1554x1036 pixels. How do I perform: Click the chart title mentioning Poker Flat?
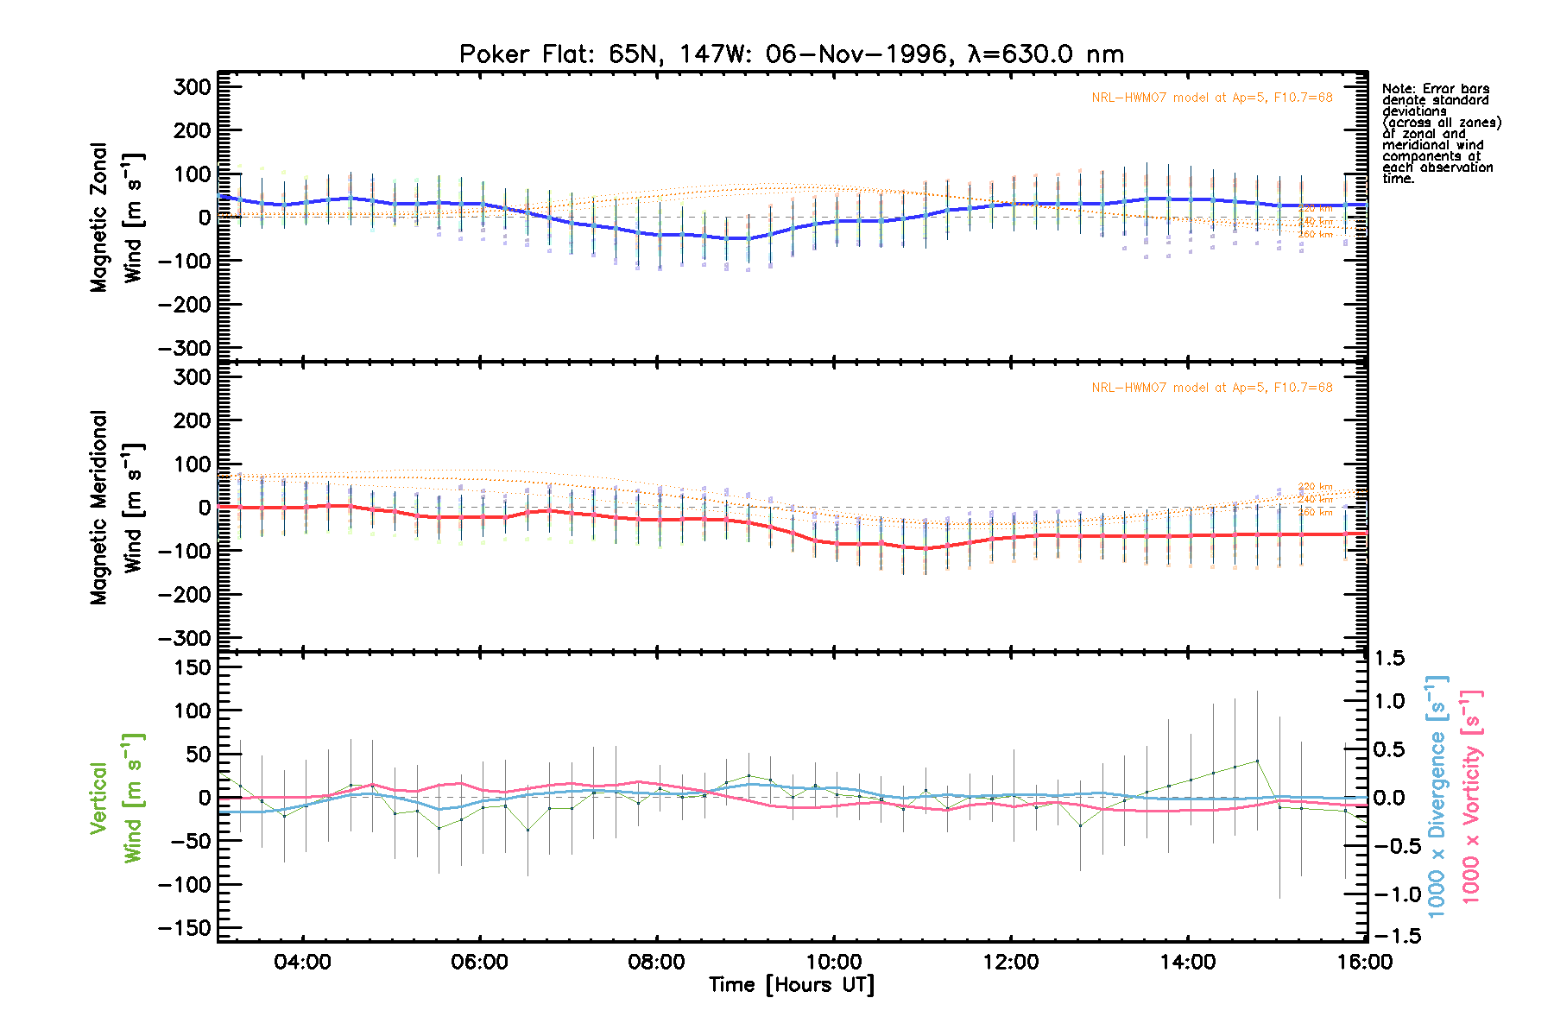coord(791,54)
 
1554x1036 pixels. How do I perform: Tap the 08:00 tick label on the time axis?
coord(656,963)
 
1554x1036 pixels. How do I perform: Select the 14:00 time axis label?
coord(1187,963)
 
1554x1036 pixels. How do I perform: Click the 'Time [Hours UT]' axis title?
coord(791,985)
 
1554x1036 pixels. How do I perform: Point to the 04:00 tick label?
coord(302,963)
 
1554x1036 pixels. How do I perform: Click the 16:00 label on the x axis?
coord(1364,963)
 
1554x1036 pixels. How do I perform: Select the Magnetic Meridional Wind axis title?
coord(116,508)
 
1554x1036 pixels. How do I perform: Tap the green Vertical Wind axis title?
coord(116,798)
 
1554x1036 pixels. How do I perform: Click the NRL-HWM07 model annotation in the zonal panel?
coord(1211,98)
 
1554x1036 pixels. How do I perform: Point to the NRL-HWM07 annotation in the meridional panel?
coord(1211,388)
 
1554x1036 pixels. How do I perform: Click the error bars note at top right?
coord(1440,134)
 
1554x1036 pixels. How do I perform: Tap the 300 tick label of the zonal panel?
coord(192,87)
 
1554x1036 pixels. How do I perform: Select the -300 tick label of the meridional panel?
coord(185,639)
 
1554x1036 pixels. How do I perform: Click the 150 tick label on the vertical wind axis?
coord(192,667)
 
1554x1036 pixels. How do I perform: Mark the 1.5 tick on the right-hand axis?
coord(1388,659)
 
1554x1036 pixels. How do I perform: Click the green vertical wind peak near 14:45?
coord(1256,761)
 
